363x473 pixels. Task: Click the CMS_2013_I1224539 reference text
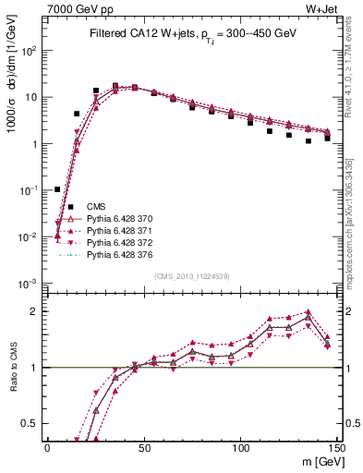(x=191, y=275)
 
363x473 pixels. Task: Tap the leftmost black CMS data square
(x=57, y=189)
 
